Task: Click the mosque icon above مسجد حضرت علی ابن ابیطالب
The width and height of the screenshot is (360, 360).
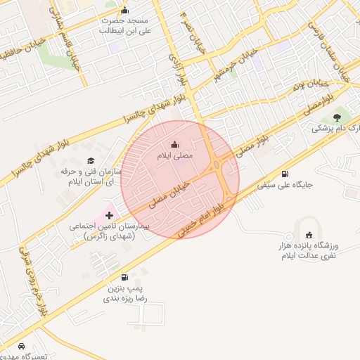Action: (125, 10)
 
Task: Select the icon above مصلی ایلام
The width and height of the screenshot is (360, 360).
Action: (175, 144)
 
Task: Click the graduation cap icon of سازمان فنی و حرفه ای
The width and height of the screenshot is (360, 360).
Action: (91, 161)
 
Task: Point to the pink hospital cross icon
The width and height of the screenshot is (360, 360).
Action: (109, 214)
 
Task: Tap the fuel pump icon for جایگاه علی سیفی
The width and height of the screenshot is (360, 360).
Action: (285, 174)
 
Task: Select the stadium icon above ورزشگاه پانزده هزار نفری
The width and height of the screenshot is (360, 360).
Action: (310, 234)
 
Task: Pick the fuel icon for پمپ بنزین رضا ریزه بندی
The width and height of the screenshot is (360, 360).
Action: (125, 278)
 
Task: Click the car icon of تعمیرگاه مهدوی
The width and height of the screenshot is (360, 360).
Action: (22, 347)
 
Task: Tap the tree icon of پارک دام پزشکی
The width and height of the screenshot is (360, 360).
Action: (337, 116)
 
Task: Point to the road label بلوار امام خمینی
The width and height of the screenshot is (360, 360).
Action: (205, 219)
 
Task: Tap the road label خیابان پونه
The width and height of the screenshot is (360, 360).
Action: (304, 89)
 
